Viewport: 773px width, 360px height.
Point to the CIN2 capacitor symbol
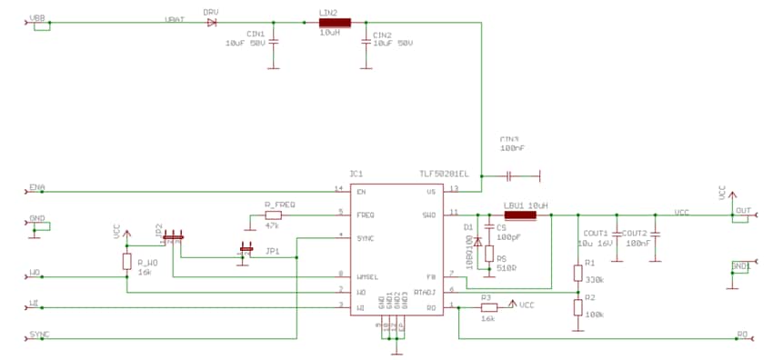pos(366,41)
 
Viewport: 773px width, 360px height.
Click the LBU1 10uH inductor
pos(521,215)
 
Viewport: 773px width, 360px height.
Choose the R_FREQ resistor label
pos(279,205)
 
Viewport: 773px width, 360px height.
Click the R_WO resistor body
pos(127,262)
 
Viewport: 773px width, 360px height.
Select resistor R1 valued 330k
pos(577,273)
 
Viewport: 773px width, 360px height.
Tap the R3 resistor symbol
pos(487,307)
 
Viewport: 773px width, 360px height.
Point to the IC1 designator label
pos(356,173)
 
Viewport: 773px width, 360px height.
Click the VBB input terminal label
pos(39,17)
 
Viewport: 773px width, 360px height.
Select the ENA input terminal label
pos(37,187)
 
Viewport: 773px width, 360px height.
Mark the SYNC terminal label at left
pos(39,334)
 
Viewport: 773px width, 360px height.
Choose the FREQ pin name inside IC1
pos(366,215)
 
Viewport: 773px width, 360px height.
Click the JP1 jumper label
pos(272,250)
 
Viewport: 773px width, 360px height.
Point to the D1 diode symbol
pos(477,243)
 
